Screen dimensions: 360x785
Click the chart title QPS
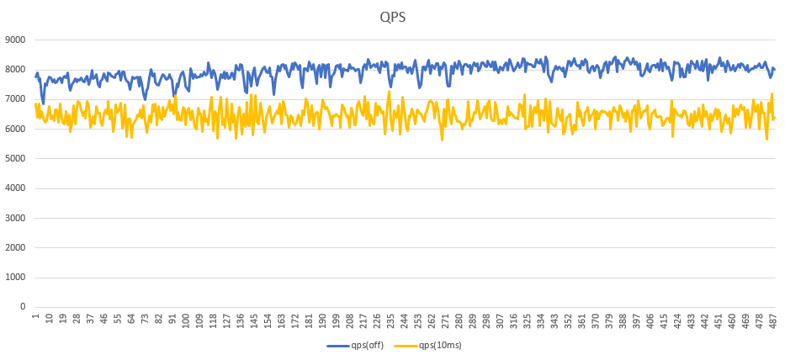[x=391, y=16]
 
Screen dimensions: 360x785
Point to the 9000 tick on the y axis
[x=15, y=40]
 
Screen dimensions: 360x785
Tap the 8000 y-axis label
[x=15, y=70]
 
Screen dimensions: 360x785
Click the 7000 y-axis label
[x=15, y=99]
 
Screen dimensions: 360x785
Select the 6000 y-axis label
[x=15, y=129]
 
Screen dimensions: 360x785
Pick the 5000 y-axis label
[x=15, y=159]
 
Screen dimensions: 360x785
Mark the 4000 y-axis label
[x=15, y=188]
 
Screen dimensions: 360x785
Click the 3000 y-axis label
[x=15, y=218]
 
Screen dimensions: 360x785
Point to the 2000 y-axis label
[x=15, y=247]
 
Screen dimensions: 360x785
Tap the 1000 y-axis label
[x=15, y=278]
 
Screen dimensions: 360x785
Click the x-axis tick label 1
[x=35, y=317]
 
